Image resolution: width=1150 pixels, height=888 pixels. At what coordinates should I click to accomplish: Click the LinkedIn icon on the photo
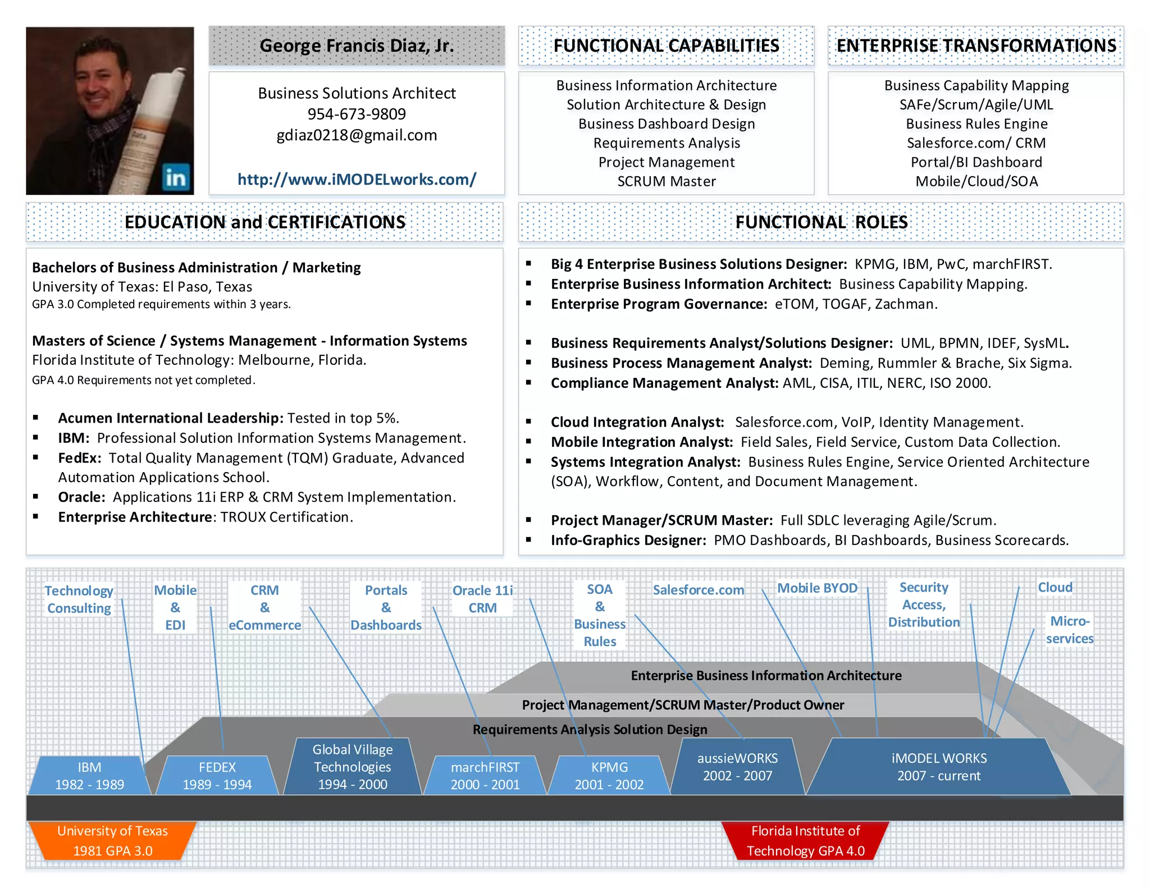[176, 178]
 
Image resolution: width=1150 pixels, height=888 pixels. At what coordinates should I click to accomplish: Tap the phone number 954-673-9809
[357, 114]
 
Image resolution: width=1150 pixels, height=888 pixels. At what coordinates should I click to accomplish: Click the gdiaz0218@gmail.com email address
[357, 135]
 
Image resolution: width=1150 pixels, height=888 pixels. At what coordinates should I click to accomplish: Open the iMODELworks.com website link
[357, 180]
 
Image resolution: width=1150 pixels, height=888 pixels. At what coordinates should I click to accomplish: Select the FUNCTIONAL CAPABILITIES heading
[666, 45]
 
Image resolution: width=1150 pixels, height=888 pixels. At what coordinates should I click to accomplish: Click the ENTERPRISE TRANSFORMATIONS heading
[976, 45]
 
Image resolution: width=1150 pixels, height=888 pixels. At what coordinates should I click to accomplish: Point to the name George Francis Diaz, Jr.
[357, 45]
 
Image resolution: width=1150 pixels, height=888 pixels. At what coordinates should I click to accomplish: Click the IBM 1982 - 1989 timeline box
[90, 776]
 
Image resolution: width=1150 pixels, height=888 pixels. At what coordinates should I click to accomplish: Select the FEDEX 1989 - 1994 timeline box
[217, 776]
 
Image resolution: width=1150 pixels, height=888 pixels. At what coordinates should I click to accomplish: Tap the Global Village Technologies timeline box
[353, 767]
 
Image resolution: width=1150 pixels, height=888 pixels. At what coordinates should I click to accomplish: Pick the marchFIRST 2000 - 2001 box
[485, 776]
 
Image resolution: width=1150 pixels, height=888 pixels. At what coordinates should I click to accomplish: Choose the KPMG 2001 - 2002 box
[609, 776]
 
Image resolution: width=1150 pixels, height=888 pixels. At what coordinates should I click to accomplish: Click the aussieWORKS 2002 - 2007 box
[737, 767]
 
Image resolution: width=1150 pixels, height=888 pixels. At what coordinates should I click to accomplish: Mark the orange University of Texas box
[112, 841]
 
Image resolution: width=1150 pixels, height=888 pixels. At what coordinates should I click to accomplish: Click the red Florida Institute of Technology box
[805, 841]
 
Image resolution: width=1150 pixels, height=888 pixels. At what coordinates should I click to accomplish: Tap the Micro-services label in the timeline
[1069, 630]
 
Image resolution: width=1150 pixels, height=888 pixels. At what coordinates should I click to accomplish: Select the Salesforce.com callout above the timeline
[698, 590]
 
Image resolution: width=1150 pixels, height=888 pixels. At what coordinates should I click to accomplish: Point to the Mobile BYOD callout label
[817, 588]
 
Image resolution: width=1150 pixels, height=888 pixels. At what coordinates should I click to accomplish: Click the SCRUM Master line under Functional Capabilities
[667, 181]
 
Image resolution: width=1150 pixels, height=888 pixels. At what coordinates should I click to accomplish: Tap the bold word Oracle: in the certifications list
[81, 497]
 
